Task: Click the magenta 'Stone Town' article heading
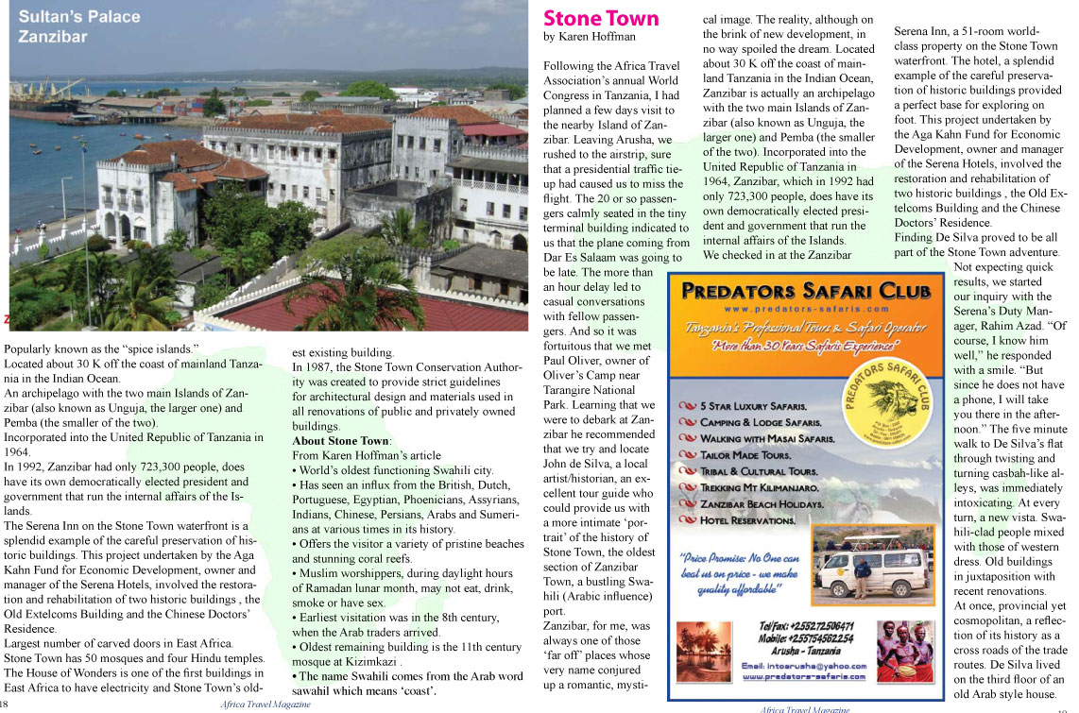pyautogui.click(x=601, y=18)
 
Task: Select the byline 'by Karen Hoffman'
pyautogui.click(x=590, y=37)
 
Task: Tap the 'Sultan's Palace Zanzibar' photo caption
pyautogui.click(x=78, y=26)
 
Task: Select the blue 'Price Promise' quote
pyautogui.click(x=742, y=572)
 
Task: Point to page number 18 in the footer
pyautogui.click(x=6, y=705)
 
